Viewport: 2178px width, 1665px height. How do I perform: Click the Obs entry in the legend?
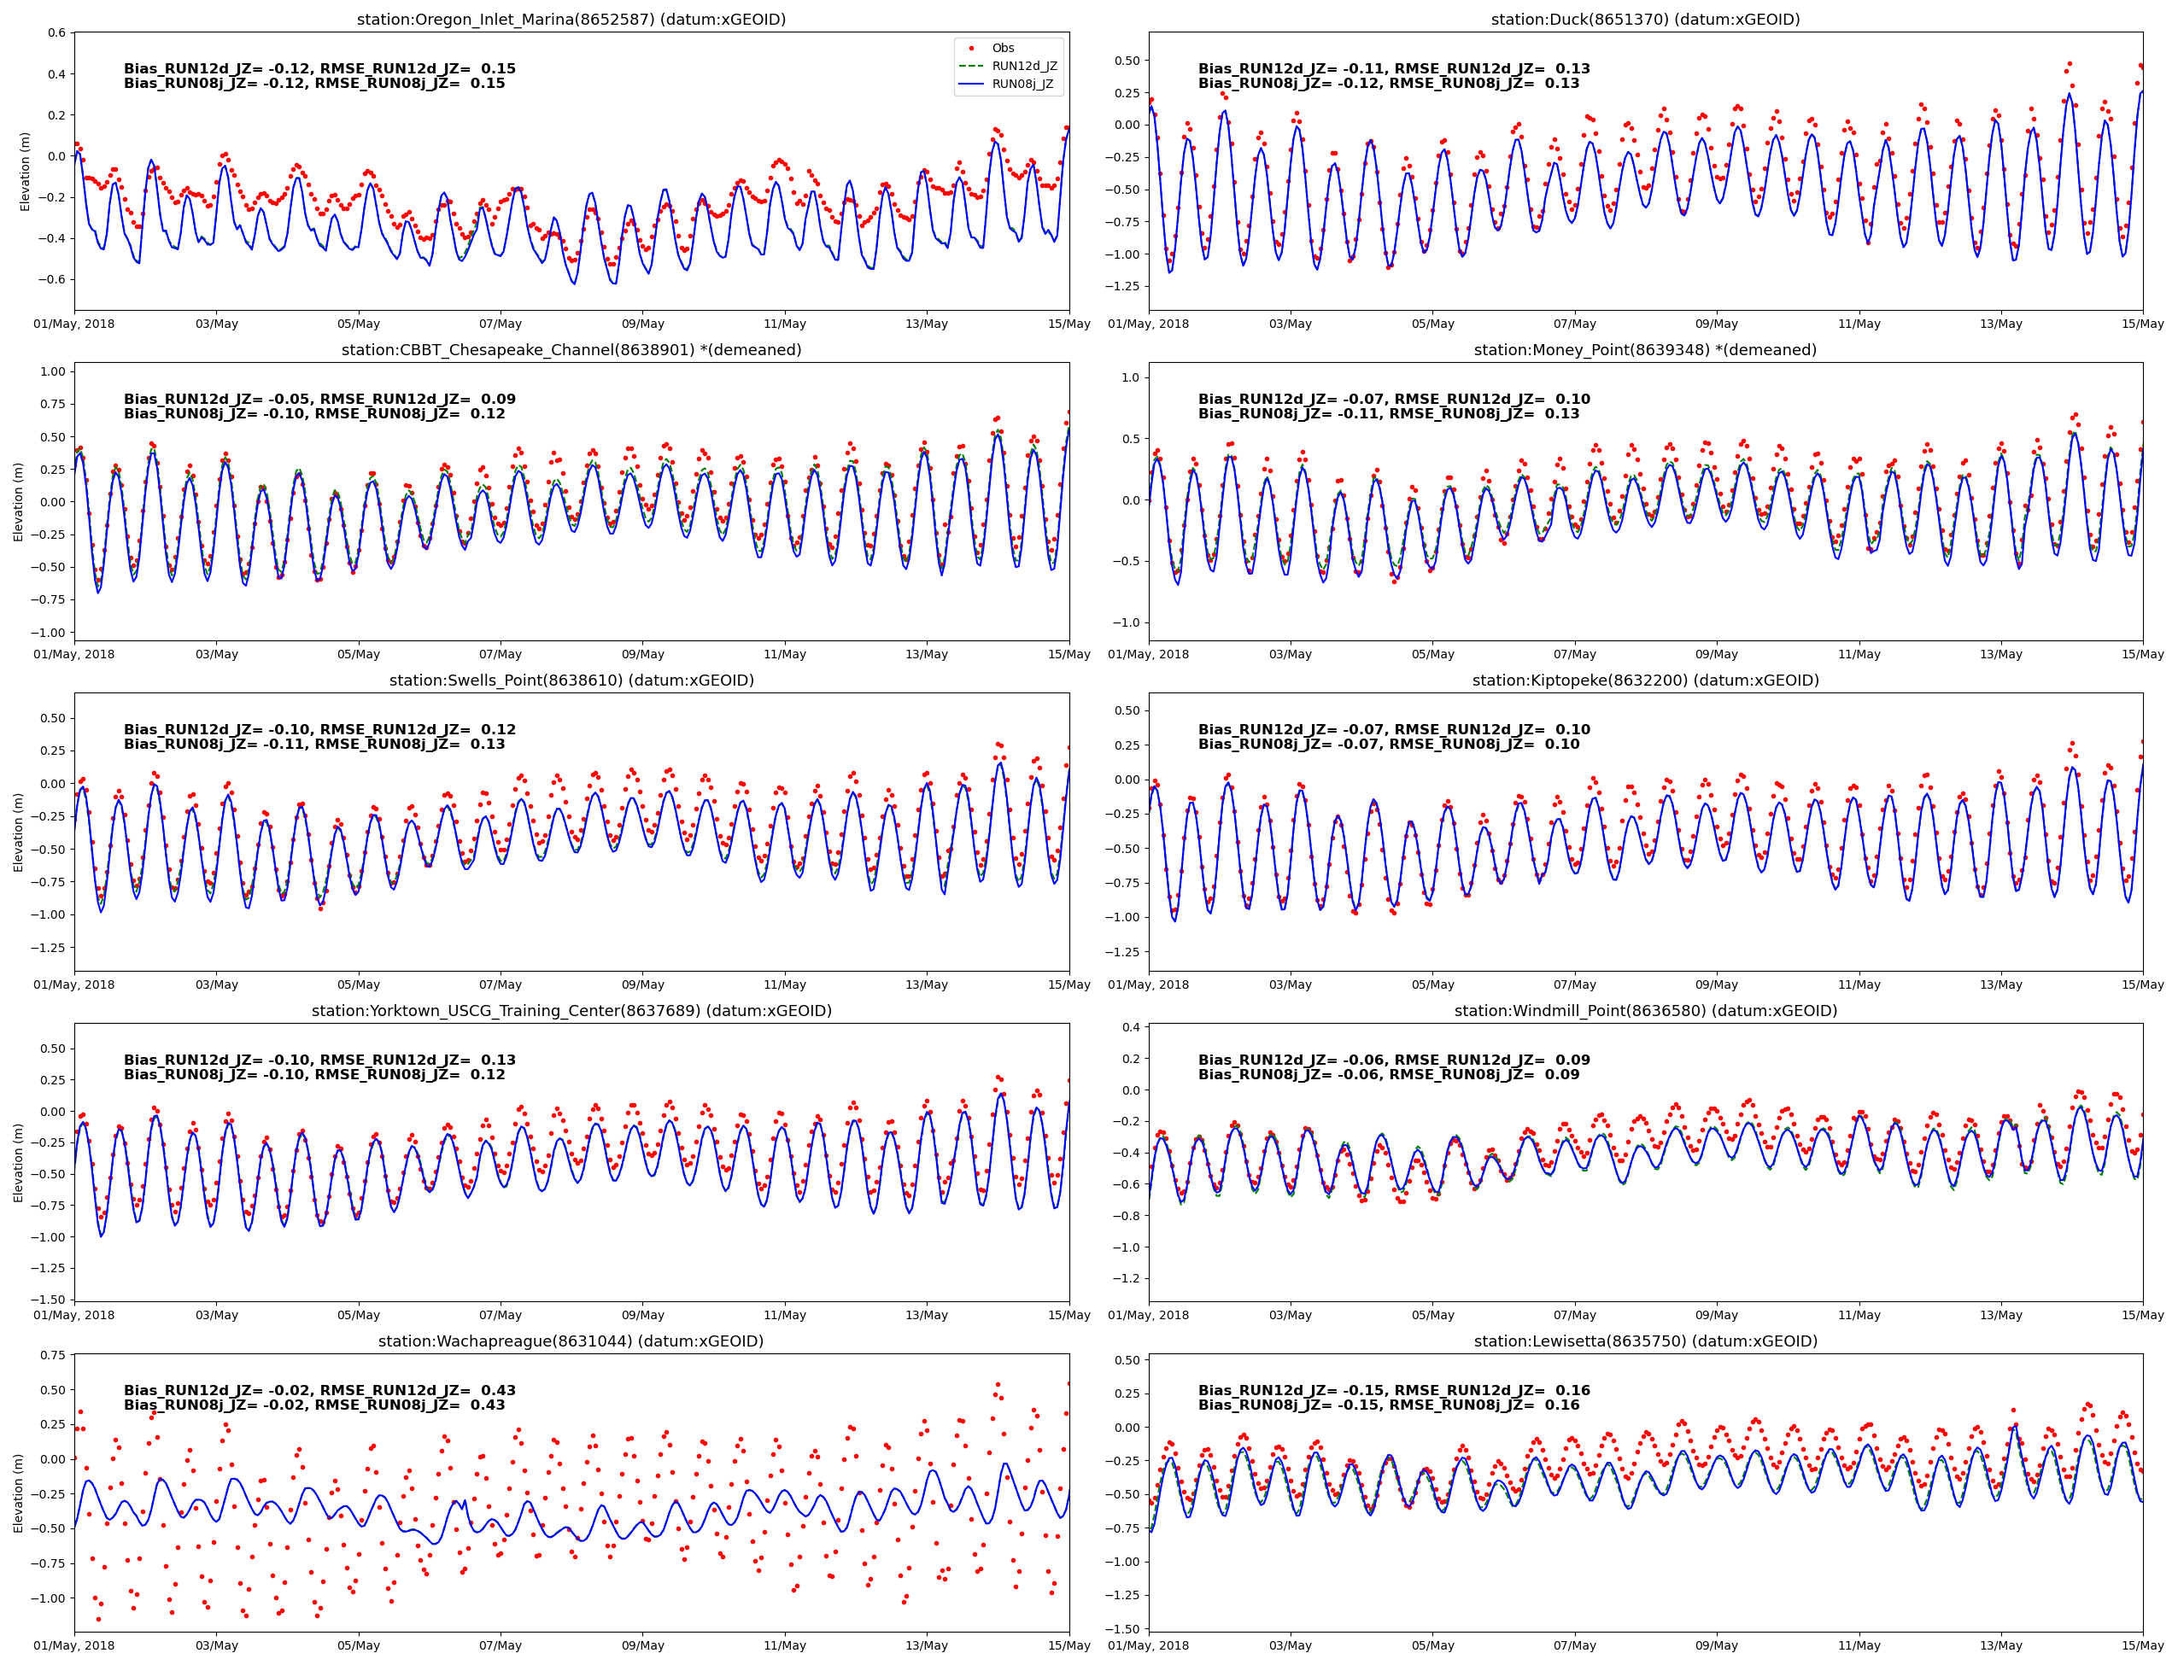(1002, 48)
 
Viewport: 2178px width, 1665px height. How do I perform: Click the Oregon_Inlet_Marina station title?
(571, 20)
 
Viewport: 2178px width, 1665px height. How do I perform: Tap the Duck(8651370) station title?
(1645, 20)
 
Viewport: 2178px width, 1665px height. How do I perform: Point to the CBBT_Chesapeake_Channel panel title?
(571, 350)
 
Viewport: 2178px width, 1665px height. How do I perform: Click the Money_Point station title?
(1645, 350)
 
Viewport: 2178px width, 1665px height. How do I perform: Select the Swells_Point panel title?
(571, 680)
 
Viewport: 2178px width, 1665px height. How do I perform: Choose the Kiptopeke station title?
(1645, 680)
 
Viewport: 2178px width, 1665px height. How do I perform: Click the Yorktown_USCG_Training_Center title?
(571, 1011)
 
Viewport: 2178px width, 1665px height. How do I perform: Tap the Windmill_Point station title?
(1645, 1011)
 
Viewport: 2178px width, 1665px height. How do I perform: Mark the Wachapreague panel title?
(571, 1341)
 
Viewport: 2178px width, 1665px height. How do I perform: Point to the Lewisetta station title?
(1645, 1341)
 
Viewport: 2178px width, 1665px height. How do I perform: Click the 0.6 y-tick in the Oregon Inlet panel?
(56, 32)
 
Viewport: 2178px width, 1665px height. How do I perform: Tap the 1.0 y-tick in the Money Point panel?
(1130, 377)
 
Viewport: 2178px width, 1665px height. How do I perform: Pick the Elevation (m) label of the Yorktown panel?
(19, 1163)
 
